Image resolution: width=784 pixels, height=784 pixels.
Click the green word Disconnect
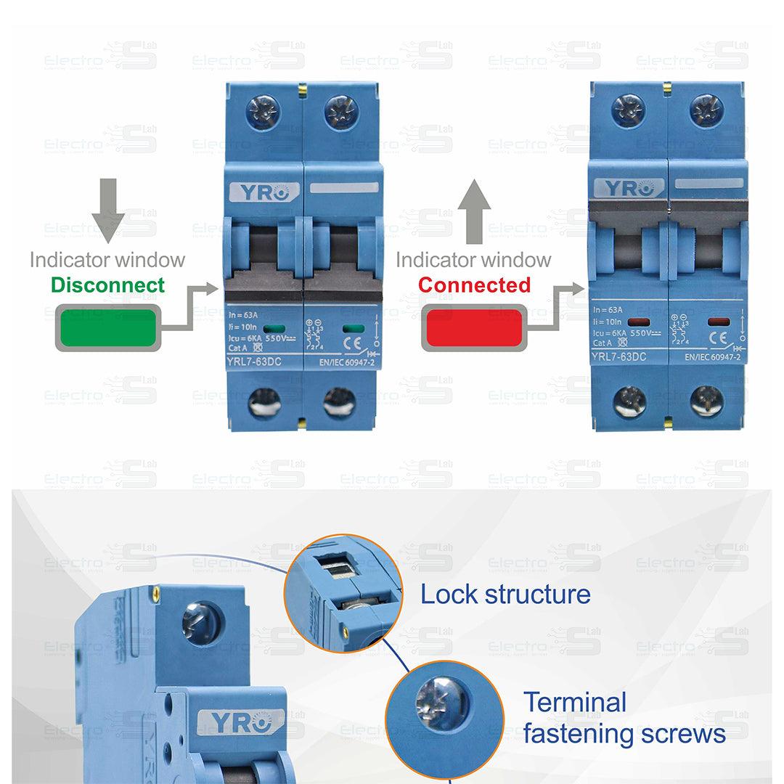(x=108, y=285)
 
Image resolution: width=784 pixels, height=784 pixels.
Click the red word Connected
(x=475, y=285)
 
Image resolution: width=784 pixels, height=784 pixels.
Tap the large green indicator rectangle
(x=107, y=328)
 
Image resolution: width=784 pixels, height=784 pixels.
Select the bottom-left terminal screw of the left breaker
(x=263, y=402)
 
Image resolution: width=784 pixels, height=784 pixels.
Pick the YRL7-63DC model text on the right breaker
(x=618, y=356)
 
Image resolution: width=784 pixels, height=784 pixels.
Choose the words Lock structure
(x=505, y=595)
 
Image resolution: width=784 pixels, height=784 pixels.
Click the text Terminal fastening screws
(x=624, y=718)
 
